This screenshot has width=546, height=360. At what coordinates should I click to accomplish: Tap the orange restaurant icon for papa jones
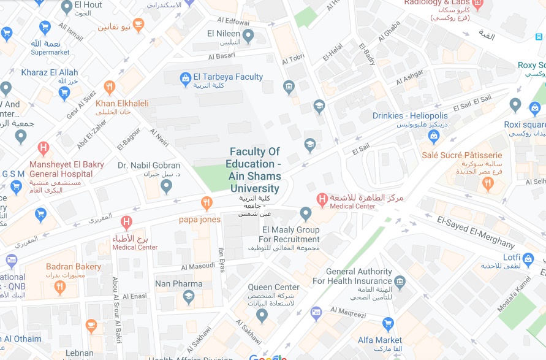coord(207,202)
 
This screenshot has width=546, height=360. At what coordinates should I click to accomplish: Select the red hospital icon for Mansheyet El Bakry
coord(43,148)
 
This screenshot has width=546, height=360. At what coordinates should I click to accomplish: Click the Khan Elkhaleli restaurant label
coord(122,103)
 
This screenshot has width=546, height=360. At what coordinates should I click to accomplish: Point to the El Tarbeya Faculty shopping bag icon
coord(185,78)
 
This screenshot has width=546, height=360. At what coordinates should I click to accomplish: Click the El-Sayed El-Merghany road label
coord(476,231)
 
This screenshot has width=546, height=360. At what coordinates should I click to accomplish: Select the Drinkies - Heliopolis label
coord(410,115)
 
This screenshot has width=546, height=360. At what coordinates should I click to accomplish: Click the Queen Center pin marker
coord(262,315)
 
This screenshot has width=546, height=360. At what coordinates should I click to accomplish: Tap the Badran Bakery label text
coord(74,266)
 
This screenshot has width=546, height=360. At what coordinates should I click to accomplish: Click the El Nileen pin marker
coord(248,36)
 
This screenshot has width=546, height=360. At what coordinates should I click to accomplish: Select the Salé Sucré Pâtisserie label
coord(461,155)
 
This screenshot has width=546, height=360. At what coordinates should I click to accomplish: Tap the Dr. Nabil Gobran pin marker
coord(166,186)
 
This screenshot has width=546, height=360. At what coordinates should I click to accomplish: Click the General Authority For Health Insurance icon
coord(400,281)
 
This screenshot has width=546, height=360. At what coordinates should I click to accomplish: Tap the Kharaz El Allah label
coord(50,72)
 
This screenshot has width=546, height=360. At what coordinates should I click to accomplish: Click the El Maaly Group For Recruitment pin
coord(306,213)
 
